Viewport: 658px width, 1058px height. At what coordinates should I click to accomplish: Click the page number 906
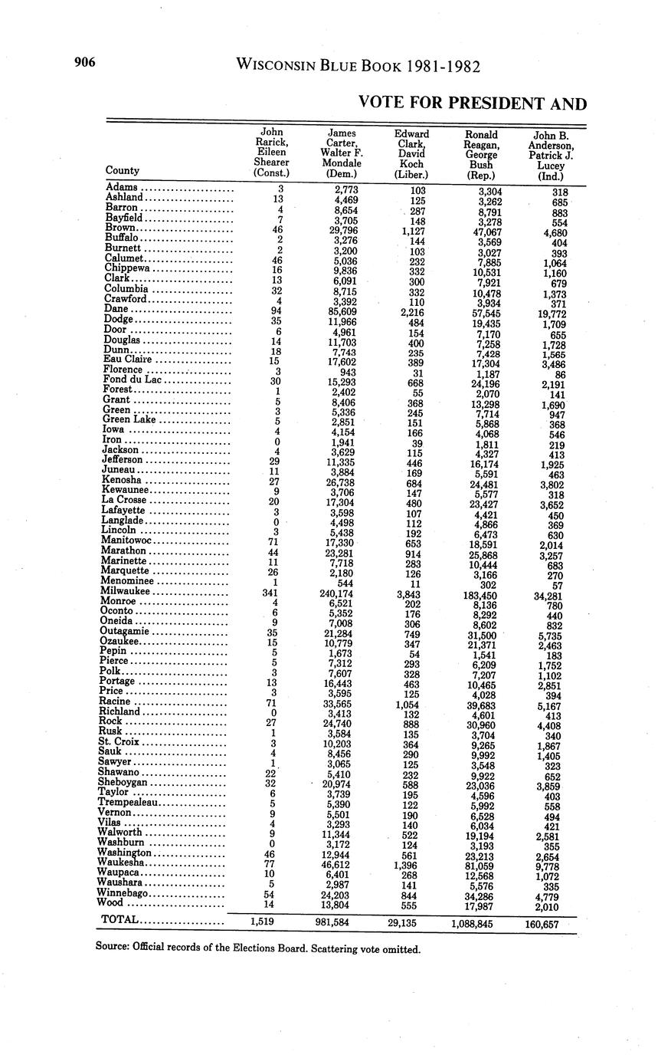point(83,63)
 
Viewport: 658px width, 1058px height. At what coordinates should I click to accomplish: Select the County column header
point(123,170)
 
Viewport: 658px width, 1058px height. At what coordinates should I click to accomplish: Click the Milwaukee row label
point(128,591)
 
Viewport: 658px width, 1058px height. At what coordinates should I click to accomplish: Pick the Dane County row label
point(116,309)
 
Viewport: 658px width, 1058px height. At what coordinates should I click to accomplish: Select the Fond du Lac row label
point(133,379)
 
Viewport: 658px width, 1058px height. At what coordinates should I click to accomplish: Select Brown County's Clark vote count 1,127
point(411,228)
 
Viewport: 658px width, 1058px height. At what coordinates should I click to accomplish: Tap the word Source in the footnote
point(111,946)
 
